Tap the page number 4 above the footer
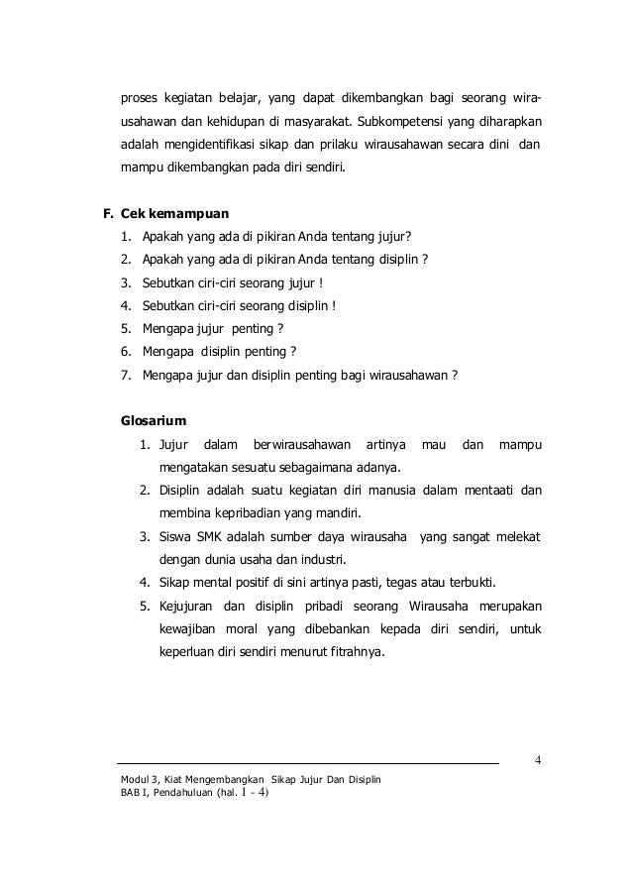pos(537,761)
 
